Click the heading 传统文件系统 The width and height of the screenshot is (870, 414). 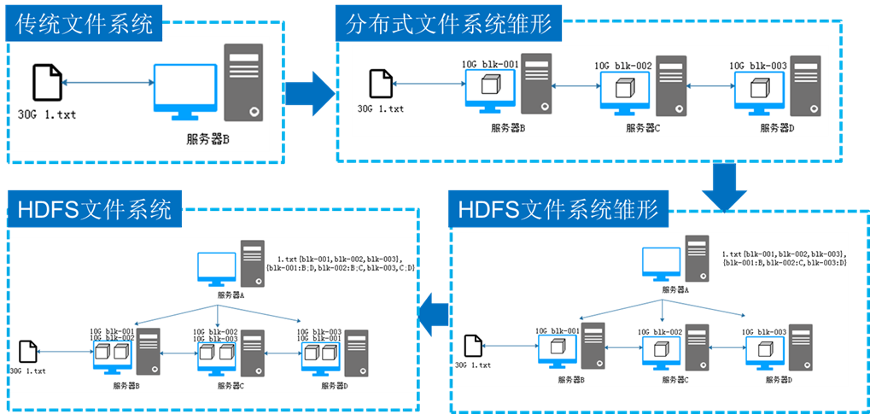[x=85, y=23]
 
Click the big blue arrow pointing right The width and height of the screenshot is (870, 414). [x=309, y=90]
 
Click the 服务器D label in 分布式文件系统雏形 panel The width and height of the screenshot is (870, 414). [x=777, y=128]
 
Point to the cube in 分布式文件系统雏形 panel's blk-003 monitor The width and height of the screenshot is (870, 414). [x=756, y=88]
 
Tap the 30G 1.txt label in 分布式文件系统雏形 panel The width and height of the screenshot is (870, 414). [x=380, y=109]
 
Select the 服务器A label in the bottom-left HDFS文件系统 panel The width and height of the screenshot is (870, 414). [x=231, y=294]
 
